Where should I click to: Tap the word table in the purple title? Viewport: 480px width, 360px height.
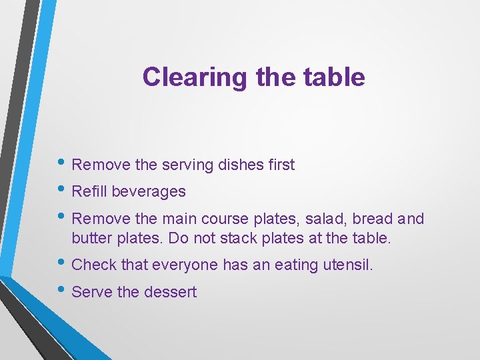335,77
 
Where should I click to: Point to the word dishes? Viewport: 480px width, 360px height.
240,165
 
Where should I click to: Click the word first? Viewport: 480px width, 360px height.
280,165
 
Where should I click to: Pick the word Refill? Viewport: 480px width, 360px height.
89,192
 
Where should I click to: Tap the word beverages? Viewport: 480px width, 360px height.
149,192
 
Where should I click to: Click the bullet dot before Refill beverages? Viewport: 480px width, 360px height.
63,191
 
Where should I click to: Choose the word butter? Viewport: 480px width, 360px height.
91,237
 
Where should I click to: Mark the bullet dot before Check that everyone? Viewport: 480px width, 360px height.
63,264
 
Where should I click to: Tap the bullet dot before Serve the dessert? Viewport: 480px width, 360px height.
63,291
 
